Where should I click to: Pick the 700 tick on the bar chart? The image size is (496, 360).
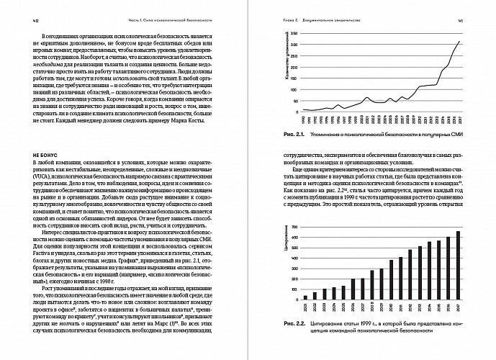pos(291,226)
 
